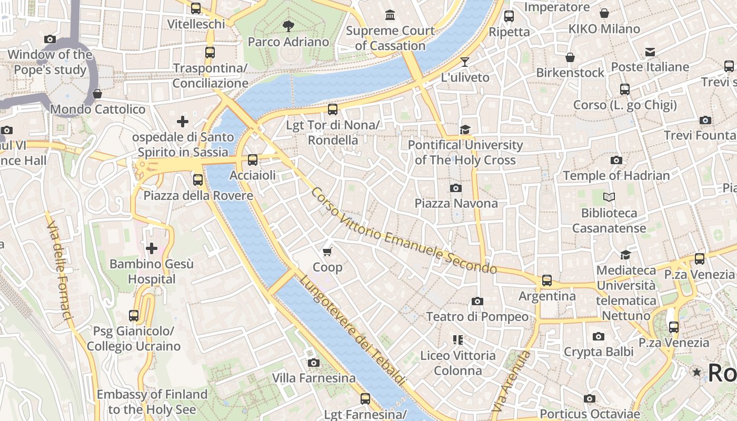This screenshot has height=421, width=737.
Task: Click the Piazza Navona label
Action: [x=456, y=203]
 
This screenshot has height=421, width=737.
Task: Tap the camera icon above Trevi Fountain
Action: [x=705, y=121]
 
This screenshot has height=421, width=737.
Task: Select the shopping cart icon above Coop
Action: [x=327, y=252]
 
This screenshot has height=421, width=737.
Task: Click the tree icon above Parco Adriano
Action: [x=288, y=26]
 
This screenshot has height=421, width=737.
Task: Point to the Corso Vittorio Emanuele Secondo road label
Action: [x=403, y=232]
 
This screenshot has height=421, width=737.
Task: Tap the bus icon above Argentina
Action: [x=547, y=280]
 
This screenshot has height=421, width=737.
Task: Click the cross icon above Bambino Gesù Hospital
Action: [x=152, y=248]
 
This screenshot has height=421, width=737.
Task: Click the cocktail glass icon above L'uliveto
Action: [x=464, y=62]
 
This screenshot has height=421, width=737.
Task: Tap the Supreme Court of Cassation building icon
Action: [x=390, y=15]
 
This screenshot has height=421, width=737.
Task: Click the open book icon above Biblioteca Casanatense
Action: [x=609, y=197]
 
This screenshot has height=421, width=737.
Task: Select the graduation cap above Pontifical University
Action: [x=465, y=129]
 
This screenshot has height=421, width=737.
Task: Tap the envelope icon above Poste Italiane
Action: [x=650, y=52]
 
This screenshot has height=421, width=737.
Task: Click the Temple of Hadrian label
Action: [x=616, y=176]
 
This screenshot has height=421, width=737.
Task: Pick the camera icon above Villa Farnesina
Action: [x=314, y=363]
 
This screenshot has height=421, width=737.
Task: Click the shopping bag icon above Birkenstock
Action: [x=570, y=57]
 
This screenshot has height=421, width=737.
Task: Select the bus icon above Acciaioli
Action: [x=253, y=160]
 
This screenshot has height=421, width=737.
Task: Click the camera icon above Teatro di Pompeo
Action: [x=477, y=301]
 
